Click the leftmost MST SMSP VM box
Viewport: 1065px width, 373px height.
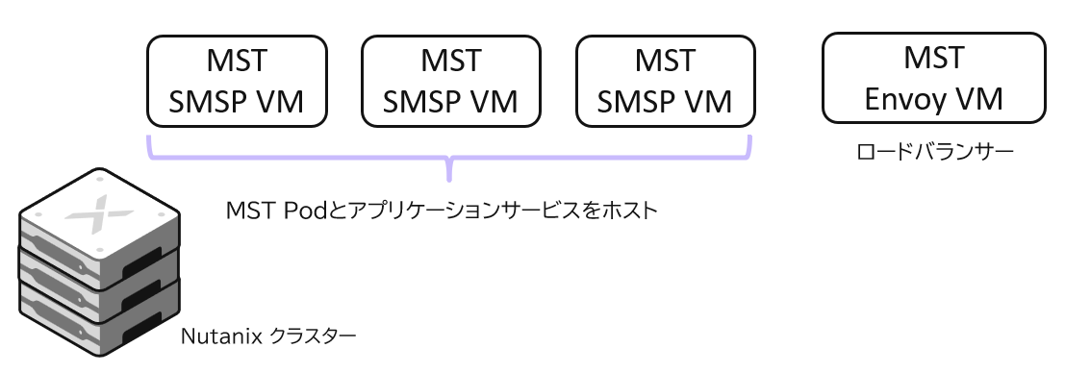click(x=237, y=82)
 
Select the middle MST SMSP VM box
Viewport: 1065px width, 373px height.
click(x=450, y=82)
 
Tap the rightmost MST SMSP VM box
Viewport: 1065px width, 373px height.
click(x=665, y=82)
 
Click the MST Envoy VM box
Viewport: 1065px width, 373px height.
click(x=934, y=78)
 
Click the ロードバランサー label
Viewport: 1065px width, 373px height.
click(x=934, y=151)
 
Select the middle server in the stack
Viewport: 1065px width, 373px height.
click(x=96, y=279)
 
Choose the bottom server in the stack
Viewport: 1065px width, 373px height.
click(x=96, y=317)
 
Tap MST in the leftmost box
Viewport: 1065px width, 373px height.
click(x=237, y=62)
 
